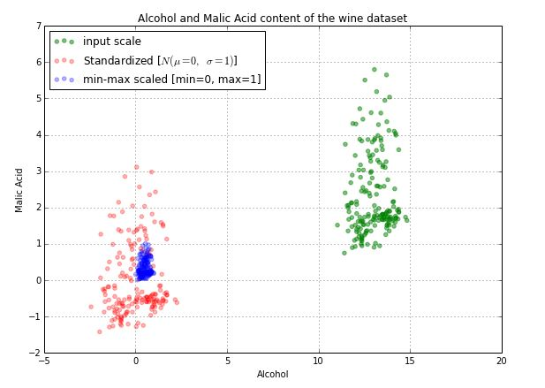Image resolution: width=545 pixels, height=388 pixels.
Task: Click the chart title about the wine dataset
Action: pos(272,18)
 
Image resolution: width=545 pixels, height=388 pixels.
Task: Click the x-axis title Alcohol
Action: pos(272,374)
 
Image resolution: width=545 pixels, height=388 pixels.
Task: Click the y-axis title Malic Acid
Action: pos(19,189)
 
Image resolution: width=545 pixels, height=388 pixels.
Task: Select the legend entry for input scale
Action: pos(111,42)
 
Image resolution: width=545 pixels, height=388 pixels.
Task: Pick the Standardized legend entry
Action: pos(159,60)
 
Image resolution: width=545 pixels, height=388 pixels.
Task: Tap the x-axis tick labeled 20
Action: pos(501,361)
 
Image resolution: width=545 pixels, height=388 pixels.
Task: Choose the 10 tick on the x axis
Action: pos(318,361)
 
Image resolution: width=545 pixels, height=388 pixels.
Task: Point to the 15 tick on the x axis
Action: pos(410,361)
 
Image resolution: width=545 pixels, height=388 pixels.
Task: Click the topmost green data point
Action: pos(374,69)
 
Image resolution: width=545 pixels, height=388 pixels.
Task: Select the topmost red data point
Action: pos(136,166)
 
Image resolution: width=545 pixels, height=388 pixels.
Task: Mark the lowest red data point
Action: pos(99,331)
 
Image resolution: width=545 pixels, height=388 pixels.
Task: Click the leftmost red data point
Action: pos(91,306)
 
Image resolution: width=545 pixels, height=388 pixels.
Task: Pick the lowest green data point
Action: pos(344,253)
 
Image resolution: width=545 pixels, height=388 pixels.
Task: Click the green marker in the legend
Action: pos(64,42)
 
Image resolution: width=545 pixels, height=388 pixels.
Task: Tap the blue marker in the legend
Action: pos(64,79)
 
